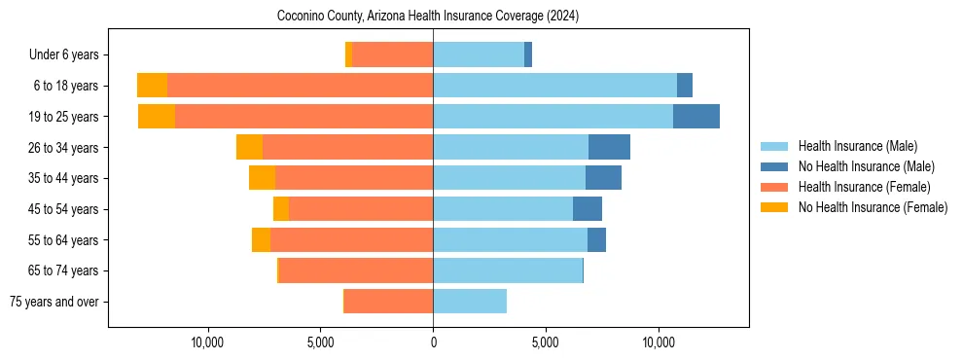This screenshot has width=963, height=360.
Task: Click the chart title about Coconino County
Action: coord(428,17)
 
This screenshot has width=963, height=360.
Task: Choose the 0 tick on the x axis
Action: coord(433,342)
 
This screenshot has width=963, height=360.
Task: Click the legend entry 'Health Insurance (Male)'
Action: coord(857,146)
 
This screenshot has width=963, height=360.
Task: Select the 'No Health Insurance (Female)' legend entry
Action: coord(873,207)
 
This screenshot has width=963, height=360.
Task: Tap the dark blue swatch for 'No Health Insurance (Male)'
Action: coord(775,166)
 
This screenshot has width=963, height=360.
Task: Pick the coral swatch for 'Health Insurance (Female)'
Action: coord(775,187)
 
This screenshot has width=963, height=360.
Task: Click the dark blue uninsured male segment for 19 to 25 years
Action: coord(696,117)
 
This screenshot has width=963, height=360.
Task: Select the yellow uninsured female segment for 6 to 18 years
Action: coord(152,86)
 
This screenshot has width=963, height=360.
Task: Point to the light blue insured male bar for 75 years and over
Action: coord(470,302)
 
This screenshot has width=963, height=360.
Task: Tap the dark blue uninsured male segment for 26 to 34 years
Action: coord(609,147)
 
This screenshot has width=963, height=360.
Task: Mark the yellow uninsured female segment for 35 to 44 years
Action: coord(262,178)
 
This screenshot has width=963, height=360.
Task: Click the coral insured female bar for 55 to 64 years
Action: coord(351,240)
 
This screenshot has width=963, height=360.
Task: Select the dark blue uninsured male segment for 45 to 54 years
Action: coord(588,209)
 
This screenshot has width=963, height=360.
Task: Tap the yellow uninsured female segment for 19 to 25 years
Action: coord(157,117)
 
